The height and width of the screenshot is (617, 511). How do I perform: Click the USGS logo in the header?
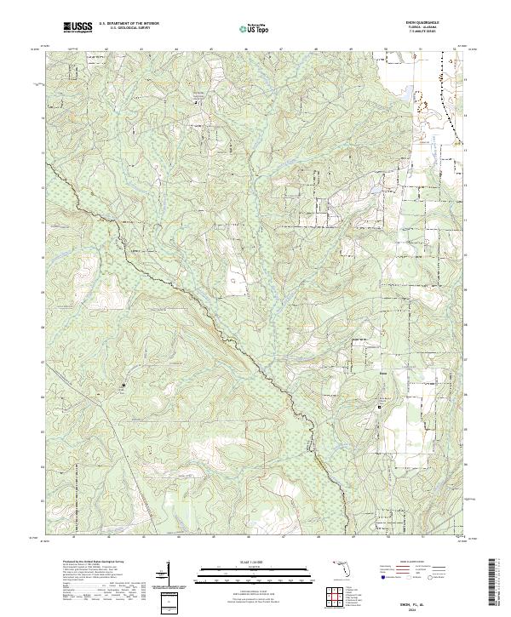[x=78, y=28]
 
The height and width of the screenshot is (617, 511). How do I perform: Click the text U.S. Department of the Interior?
[x=129, y=25]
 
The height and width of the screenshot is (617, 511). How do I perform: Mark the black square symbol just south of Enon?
[x=380, y=408]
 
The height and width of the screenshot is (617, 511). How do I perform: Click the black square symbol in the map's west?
[x=124, y=386]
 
